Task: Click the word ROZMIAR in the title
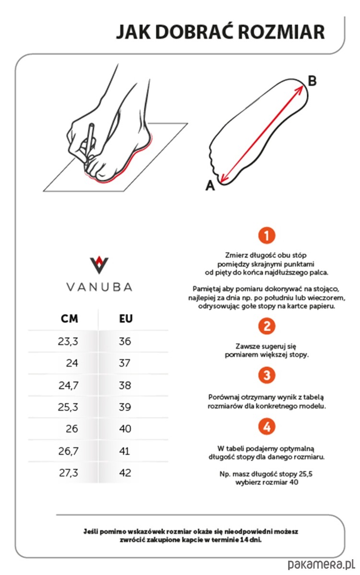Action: click(281, 32)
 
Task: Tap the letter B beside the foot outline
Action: click(312, 81)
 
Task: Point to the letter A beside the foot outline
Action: click(210, 185)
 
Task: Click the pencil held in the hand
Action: click(89, 142)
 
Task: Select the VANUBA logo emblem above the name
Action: click(99, 265)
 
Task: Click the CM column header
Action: click(70, 319)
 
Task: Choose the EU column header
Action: click(126, 319)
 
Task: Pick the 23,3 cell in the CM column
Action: click(68, 341)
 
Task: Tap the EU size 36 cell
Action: click(125, 341)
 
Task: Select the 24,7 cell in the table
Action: click(68, 385)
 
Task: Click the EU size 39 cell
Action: click(125, 407)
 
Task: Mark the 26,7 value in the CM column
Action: click(68, 451)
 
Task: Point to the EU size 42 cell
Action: click(125, 472)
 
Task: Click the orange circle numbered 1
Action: click(267, 235)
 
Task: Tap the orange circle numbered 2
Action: click(267, 326)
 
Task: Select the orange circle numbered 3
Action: click(267, 375)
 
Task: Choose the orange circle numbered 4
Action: click(267, 426)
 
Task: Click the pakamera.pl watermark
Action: click(322, 564)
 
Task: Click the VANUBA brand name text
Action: click(99, 287)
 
